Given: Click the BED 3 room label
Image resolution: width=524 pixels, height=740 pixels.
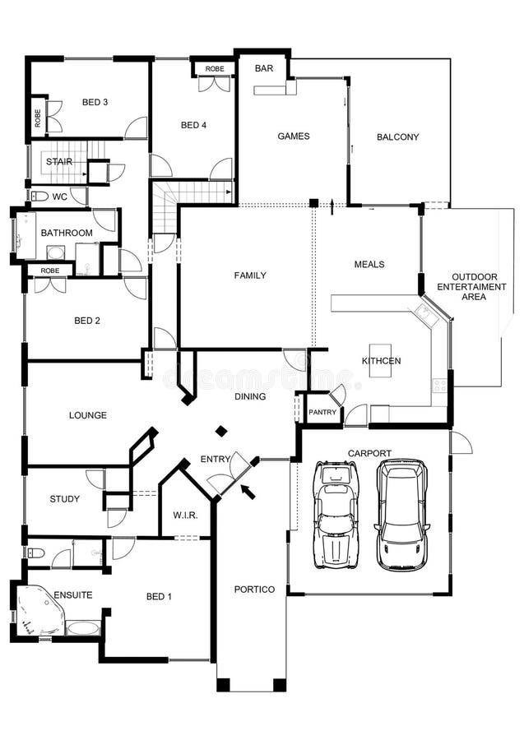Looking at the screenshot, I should [x=95, y=102].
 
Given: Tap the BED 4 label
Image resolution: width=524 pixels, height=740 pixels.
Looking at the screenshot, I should [x=192, y=125].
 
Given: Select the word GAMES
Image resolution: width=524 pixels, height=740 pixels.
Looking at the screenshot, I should [x=293, y=136].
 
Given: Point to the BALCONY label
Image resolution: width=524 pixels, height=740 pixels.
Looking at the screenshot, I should [x=397, y=137].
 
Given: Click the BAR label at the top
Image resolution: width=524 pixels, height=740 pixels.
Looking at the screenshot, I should [x=263, y=68].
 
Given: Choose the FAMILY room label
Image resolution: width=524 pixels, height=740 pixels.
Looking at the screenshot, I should [x=250, y=275].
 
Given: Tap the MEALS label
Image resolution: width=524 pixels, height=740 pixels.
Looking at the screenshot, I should [x=369, y=265].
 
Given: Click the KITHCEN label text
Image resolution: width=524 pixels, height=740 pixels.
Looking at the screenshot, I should [x=382, y=361].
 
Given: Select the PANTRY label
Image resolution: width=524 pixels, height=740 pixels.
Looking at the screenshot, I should [x=323, y=413].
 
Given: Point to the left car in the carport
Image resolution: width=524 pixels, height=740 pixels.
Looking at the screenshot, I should [x=336, y=513].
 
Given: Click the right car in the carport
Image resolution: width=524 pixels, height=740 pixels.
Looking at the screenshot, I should [x=402, y=515].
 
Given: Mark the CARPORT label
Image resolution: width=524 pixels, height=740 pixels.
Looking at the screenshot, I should [x=369, y=453].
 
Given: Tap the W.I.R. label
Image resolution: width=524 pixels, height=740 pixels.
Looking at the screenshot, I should [x=184, y=516].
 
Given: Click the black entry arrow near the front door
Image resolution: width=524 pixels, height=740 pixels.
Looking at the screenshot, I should [x=247, y=492].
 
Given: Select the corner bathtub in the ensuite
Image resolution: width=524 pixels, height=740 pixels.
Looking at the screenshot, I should [x=38, y=611].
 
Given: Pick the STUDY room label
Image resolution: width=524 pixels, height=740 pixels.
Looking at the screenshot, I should [x=64, y=498].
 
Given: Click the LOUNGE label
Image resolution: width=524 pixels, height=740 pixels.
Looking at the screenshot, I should [x=87, y=415].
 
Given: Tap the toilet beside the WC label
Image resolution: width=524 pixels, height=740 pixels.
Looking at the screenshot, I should [x=39, y=197].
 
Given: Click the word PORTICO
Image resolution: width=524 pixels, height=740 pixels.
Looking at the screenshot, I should [x=249, y=590].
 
